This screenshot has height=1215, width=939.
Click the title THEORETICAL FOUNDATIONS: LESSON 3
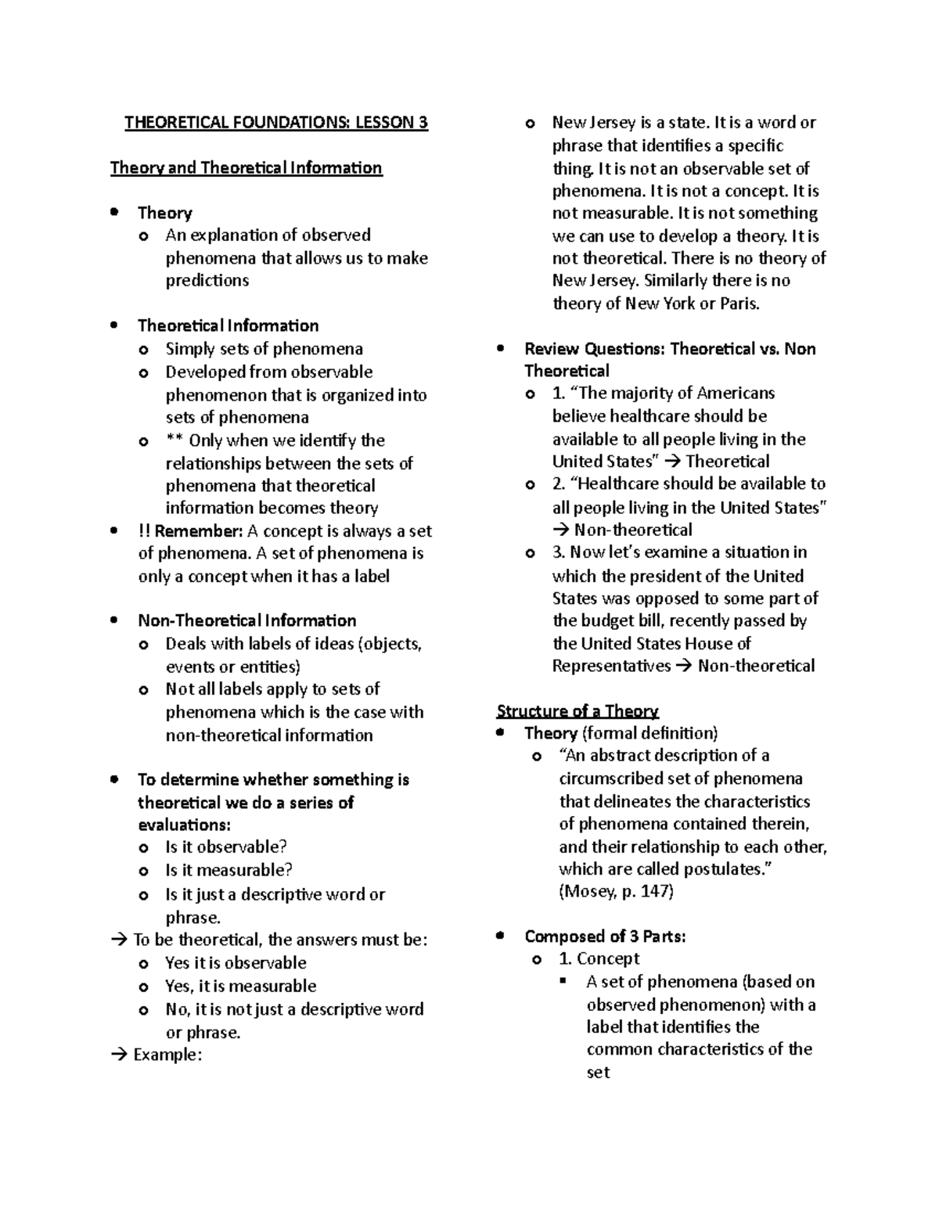tap(276, 123)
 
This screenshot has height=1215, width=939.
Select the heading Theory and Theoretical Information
tap(246, 168)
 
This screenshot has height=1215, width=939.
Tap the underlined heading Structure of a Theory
tap(577, 711)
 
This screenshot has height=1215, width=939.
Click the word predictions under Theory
tap(207, 281)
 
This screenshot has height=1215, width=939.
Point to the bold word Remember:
tap(199, 531)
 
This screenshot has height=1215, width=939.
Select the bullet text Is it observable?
tap(226, 847)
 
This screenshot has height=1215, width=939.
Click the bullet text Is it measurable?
tap(228, 870)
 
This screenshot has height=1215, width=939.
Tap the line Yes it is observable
tap(236, 963)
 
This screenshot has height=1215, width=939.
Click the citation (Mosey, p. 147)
tap(616, 891)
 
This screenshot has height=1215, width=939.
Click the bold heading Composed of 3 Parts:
tap(605, 936)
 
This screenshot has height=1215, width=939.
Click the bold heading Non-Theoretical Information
tap(246, 621)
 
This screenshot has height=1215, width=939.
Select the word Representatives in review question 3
tap(611, 667)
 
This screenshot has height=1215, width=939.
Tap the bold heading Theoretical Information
tap(228, 326)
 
